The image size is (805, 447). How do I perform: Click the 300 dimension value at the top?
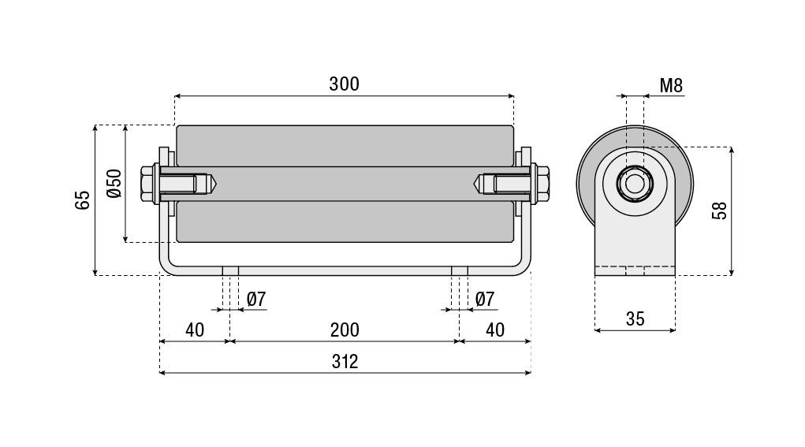point(345,84)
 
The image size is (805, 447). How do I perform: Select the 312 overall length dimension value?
point(345,361)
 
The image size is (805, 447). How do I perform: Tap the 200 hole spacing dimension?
point(345,330)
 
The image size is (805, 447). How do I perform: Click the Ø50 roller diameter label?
point(114,183)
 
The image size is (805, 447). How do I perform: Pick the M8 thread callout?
point(671,85)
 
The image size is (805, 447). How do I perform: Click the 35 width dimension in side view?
point(635,318)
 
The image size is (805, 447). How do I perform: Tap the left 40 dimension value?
point(194,330)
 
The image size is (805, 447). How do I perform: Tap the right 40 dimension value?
point(494,330)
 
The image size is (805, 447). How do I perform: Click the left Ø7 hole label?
point(256,299)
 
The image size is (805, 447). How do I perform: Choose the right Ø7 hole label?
point(485,299)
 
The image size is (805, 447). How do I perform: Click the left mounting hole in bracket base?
point(230,270)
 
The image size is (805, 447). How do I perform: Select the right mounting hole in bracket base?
point(460,270)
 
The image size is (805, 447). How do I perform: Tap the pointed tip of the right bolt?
point(477,184)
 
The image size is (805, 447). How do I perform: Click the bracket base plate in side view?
point(635,270)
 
